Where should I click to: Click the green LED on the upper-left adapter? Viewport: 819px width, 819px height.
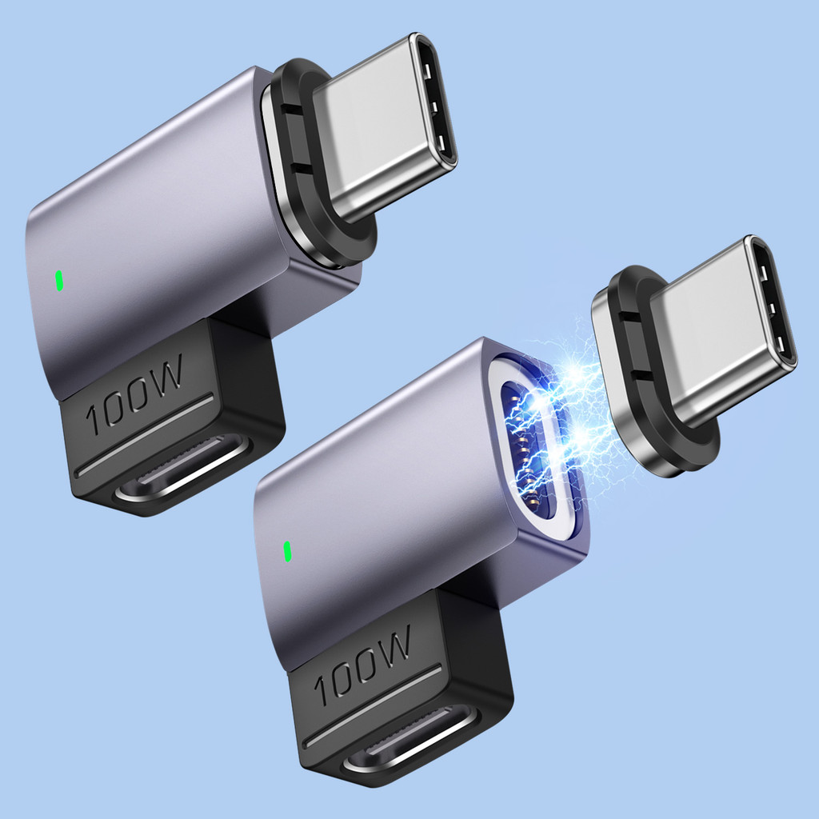(x=59, y=281)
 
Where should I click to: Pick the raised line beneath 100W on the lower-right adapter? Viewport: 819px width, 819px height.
(x=376, y=704)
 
